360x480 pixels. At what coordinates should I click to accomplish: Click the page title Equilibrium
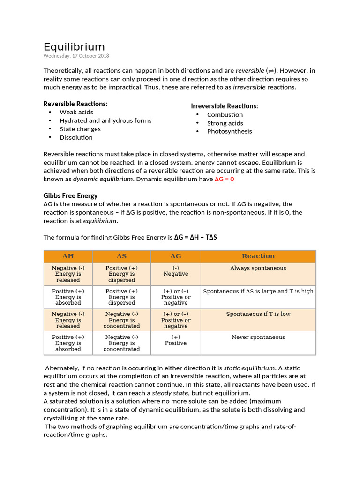(x=74, y=47)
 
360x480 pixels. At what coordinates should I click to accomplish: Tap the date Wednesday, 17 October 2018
(x=76, y=56)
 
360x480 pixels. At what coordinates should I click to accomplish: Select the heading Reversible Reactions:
(x=75, y=104)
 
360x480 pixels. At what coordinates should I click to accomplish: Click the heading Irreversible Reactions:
(x=225, y=106)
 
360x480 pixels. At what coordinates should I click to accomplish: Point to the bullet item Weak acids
(x=76, y=112)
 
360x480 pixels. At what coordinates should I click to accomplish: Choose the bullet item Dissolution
(x=76, y=137)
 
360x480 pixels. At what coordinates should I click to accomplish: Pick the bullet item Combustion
(x=225, y=114)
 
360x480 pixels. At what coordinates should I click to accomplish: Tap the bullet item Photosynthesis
(x=229, y=131)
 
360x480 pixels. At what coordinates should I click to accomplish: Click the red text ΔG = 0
(x=224, y=179)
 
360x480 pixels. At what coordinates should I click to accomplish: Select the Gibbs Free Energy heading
(x=70, y=195)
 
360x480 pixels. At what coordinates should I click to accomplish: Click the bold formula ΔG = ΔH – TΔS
(x=195, y=237)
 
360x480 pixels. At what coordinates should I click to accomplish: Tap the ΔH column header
(x=68, y=256)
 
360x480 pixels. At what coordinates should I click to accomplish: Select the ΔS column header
(x=121, y=256)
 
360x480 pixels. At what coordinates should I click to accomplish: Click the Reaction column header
(x=258, y=256)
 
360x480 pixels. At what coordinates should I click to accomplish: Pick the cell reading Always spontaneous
(x=258, y=268)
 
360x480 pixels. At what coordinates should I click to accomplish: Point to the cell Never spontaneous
(x=258, y=337)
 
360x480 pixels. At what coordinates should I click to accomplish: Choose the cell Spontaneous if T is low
(x=258, y=314)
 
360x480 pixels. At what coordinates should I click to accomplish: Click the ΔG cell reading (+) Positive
(x=176, y=340)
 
